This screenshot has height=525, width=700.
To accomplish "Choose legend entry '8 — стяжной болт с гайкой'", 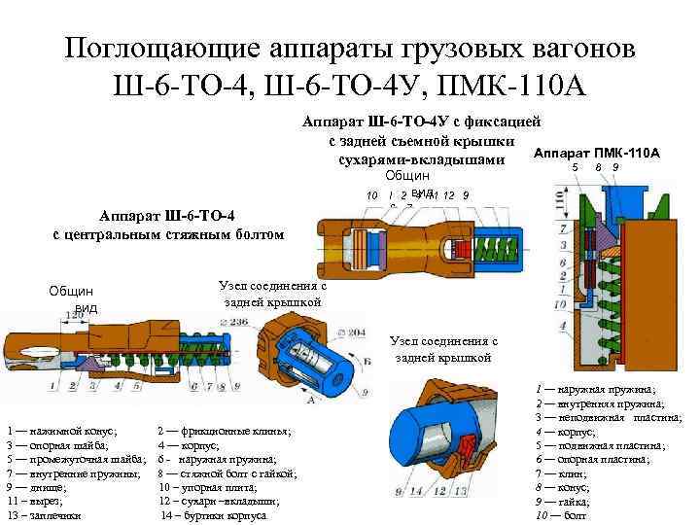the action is pyautogui.click(x=227, y=472).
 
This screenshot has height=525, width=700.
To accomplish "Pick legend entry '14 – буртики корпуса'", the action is pyautogui.click(x=213, y=514).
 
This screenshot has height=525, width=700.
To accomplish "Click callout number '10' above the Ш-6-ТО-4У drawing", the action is pyautogui.click(x=372, y=195).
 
